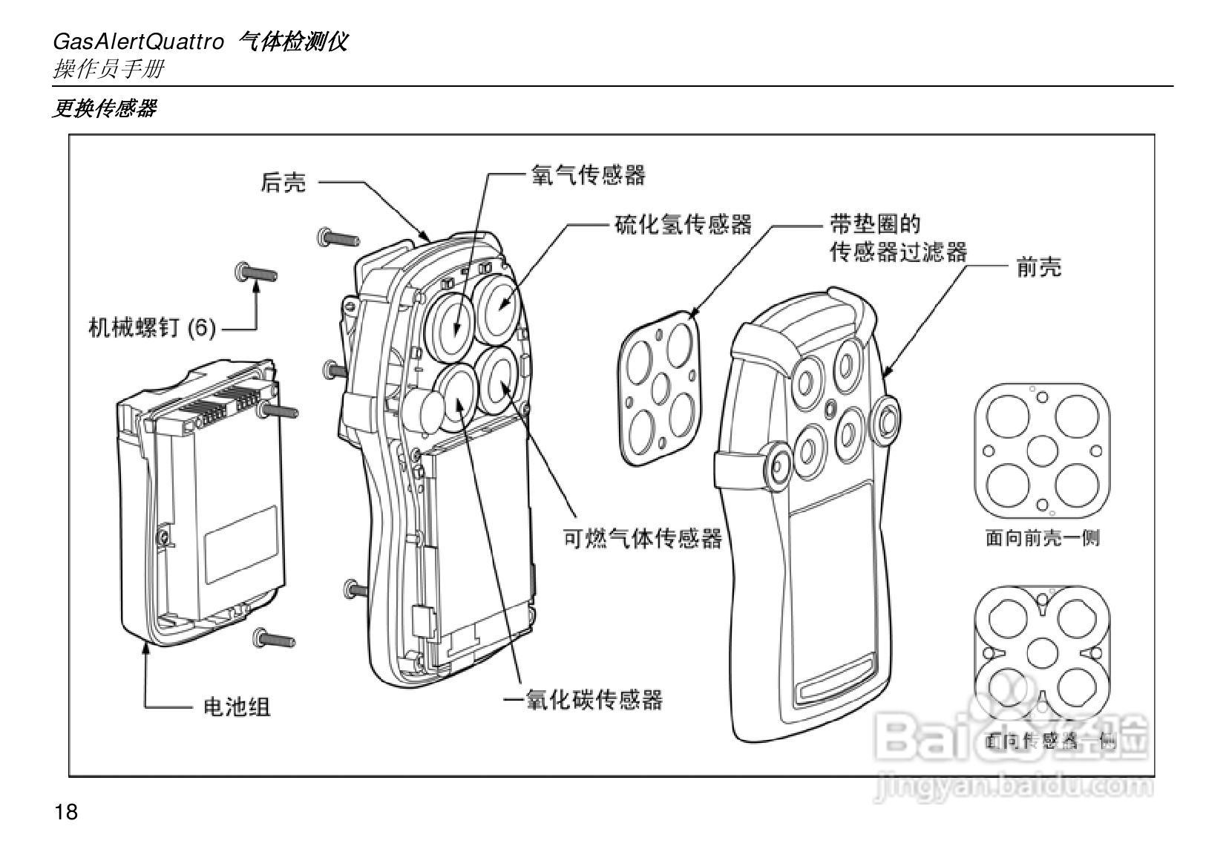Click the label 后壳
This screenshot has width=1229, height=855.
click(283, 183)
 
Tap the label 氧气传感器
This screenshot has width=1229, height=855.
click(588, 175)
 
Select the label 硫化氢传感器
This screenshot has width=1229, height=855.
click(683, 224)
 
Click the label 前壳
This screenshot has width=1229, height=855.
click(1038, 267)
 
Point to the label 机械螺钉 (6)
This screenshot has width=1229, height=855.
click(152, 327)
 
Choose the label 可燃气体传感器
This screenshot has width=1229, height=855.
click(643, 538)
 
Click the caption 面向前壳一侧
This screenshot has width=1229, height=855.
click(1042, 537)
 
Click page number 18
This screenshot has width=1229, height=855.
click(65, 812)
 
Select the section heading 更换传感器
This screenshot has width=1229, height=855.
click(104, 108)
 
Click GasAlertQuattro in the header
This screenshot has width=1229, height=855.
click(138, 42)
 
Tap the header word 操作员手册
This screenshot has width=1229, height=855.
click(108, 70)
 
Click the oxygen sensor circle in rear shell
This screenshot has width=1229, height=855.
click(453, 319)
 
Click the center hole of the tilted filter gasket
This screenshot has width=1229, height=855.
click(660, 387)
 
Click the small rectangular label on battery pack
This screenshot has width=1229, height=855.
click(241, 546)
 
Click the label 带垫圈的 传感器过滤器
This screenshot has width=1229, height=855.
click(898, 238)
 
